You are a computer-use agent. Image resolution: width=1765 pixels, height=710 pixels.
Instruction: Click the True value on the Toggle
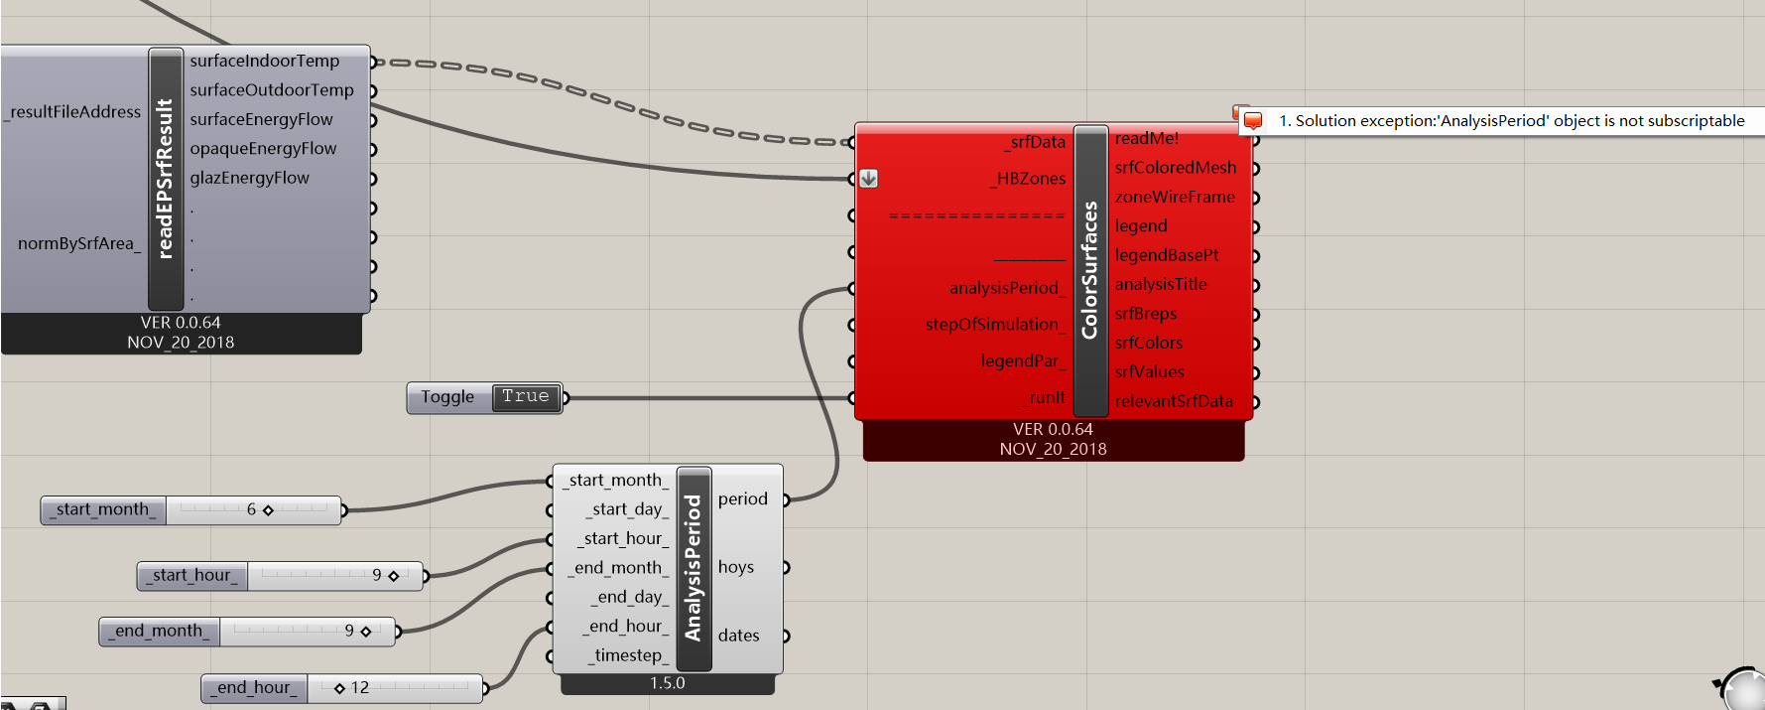[x=526, y=397]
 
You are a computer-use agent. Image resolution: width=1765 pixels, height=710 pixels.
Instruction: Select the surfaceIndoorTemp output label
[x=264, y=61]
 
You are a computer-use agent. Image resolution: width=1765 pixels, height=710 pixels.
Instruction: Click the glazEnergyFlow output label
[x=249, y=178]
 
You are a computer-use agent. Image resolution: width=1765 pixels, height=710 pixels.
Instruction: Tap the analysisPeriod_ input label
[x=1006, y=288]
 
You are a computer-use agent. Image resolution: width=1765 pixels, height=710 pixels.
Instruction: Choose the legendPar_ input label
[x=1022, y=360]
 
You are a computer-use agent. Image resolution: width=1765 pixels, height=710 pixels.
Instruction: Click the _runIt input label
[x=1046, y=397]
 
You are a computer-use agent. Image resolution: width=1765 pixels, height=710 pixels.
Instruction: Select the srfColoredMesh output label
[x=1175, y=168]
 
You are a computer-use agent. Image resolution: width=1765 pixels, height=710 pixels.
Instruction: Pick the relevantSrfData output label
[x=1173, y=401]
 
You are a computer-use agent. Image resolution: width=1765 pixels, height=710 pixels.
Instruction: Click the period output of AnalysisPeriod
[x=742, y=498]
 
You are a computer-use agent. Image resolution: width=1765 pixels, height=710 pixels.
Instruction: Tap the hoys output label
[x=735, y=567]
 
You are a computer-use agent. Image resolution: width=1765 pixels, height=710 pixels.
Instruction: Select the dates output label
[x=738, y=636]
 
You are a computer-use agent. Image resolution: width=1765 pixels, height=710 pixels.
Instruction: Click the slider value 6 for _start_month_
[x=251, y=509]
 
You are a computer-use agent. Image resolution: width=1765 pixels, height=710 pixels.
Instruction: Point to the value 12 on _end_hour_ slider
[x=359, y=687]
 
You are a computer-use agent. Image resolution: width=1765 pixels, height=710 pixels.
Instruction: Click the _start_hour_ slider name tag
[x=192, y=576]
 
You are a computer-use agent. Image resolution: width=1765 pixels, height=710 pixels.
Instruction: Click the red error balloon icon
[x=1252, y=120]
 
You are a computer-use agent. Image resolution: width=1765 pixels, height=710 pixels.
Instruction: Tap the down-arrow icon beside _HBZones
[x=868, y=179]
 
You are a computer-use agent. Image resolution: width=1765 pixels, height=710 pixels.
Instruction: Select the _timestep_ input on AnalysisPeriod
[x=627, y=655]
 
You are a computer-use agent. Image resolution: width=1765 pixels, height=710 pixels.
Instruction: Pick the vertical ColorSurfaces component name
[x=1090, y=270]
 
